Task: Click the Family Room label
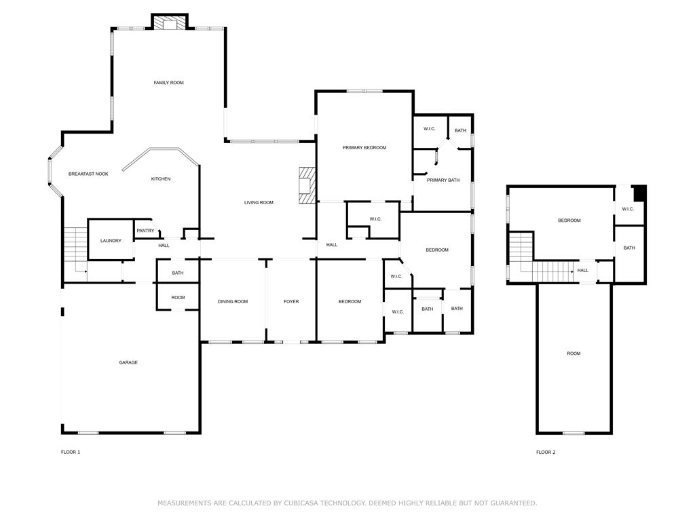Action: click(x=168, y=83)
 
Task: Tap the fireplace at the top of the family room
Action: click(x=168, y=23)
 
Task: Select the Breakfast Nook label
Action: click(x=88, y=174)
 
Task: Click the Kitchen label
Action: click(x=161, y=179)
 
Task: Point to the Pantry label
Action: click(x=145, y=231)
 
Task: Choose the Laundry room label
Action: click(x=111, y=241)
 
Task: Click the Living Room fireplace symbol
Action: click(x=308, y=185)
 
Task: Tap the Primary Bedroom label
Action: click(x=364, y=148)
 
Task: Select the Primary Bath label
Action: click(x=443, y=180)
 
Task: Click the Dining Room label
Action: click(x=233, y=302)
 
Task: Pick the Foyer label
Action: click(x=291, y=302)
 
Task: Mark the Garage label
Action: click(x=128, y=363)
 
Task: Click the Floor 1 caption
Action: click(x=71, y=452)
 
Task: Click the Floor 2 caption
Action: click(x=546, y=452)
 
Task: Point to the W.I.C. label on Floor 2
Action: click(x=628, y=209)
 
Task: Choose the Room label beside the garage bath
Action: click(x=178, y=298)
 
